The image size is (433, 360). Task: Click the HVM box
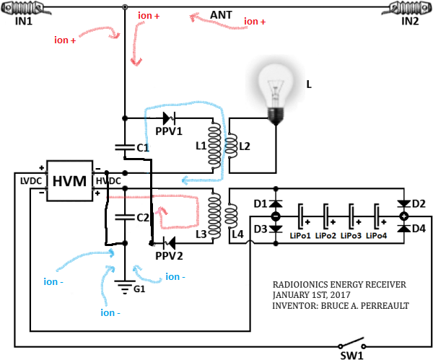pyautogui.click(x=69, y=180)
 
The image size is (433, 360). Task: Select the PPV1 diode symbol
pyautogui.click(x=169, y=118)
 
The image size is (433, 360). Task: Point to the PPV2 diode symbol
pyautogui.click(x=169, y=243)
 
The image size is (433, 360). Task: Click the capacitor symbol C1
pyautogui.click(x=125, y=147)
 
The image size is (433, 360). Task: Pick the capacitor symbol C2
pyautogui.click(x=125, y=217)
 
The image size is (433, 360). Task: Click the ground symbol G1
pyautogui.click(x=125, y=287)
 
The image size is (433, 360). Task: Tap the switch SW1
pyautogui.click(x=352, y=343)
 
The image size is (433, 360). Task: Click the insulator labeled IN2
pyautogui.click(x=407, y=8)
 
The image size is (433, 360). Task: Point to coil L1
pyautogui.click(x=214, y=146)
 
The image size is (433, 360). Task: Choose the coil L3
pyautogui.click(x=214, y=216)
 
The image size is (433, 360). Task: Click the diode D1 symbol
pyautogui.click(x=276, y=203)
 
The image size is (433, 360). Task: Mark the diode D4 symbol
pyautogui.click(x=404, y=228)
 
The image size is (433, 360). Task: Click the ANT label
pyautogui.click(x=221, y=15)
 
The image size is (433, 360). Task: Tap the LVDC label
pyautogui.click(x=31, y=181)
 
